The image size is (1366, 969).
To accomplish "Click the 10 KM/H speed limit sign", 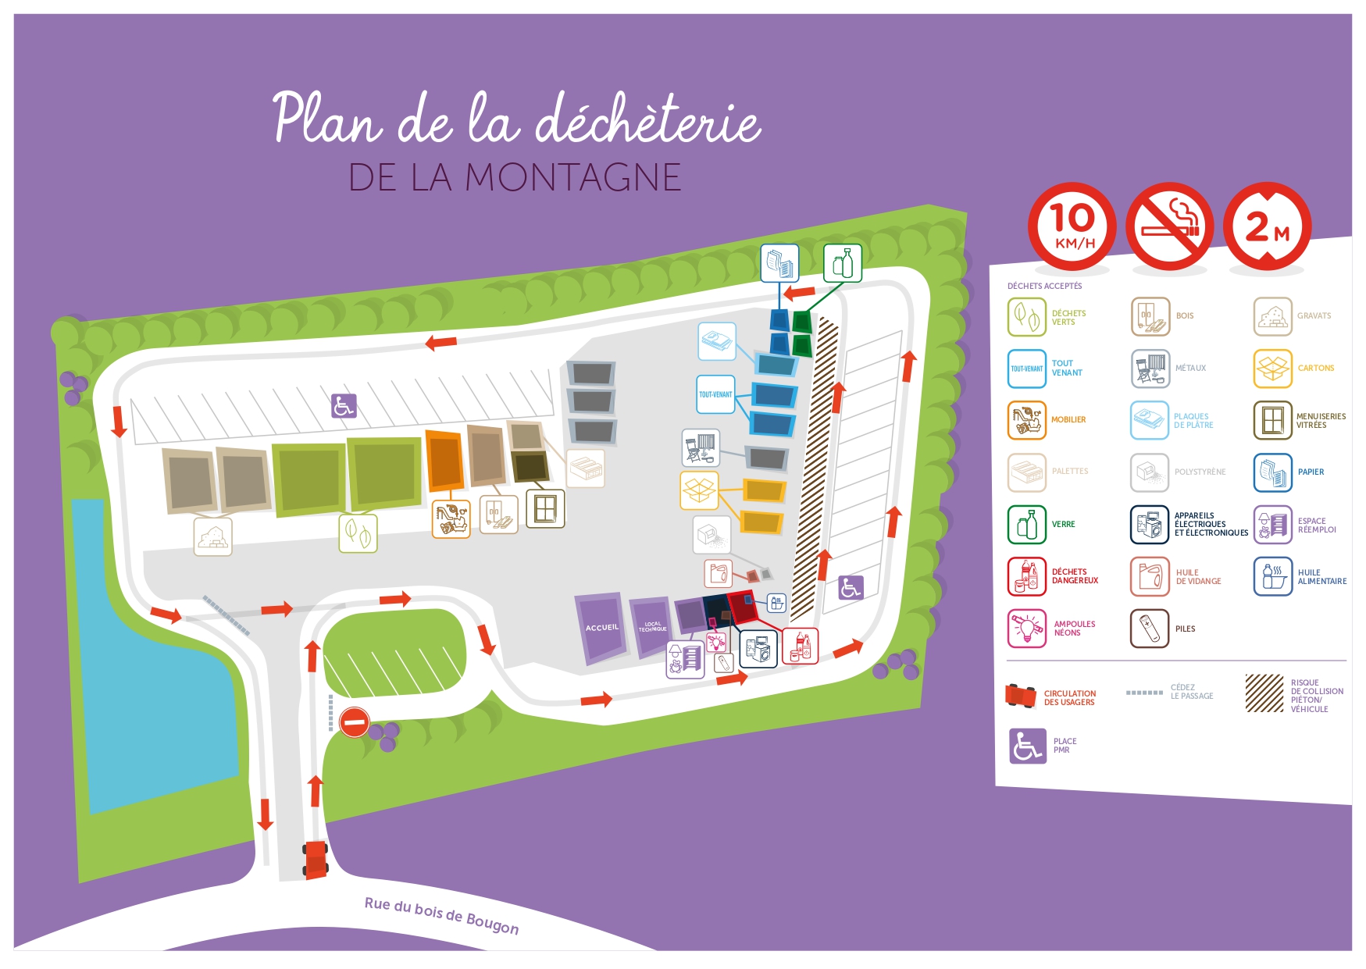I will [1072, 226].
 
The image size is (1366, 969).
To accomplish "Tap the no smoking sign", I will [1169, 226].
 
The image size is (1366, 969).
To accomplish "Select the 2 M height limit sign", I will [1267, 226].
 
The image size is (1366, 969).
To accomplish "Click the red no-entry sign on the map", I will [354, 721].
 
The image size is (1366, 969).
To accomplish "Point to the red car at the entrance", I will [315, 860].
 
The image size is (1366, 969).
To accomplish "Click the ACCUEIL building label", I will [601, 628].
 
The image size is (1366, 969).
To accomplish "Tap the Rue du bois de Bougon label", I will [441, 915].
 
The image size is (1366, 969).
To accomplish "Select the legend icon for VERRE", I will [1026, 525].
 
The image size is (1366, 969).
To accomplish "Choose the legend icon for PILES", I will [1150, 629].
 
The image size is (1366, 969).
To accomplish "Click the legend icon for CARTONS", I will [1273, 368].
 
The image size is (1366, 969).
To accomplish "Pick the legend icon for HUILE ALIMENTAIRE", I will [1273, 576].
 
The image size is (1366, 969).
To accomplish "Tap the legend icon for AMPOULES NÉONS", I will [1026, 629].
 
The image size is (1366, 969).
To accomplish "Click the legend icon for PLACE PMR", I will [1027, 746].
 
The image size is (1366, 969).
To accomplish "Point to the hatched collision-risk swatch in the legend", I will [1264, 693].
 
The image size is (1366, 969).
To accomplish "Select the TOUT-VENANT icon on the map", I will [715, 394].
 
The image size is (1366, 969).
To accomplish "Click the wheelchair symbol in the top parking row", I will [344, 406].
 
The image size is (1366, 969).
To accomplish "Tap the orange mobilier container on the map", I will [444, 461].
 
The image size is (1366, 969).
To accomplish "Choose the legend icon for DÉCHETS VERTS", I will [1026, 316].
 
